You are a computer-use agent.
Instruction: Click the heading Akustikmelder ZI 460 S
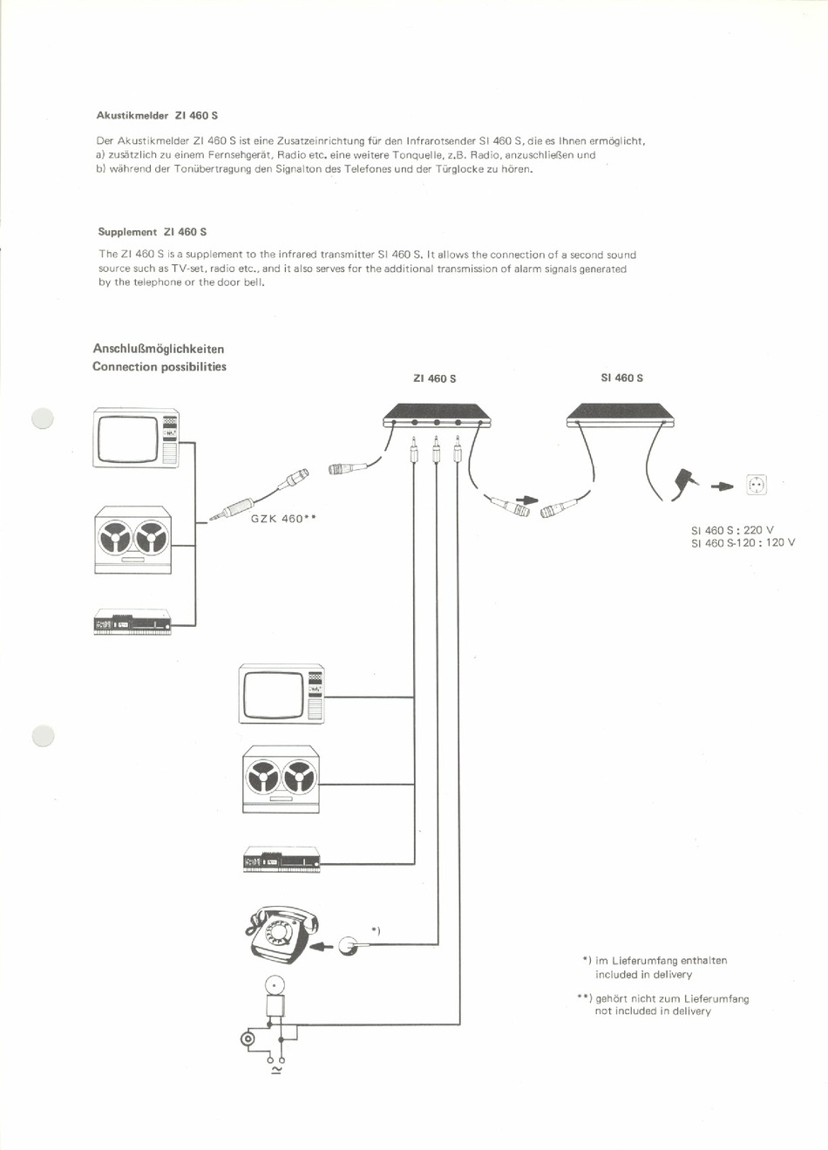pyautogui.click(x=156, y=115)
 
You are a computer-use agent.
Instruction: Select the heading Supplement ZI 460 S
pyautogui.click(x=152, y=232)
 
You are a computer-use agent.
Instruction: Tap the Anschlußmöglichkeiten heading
pyautogui.click(x=158, y=349)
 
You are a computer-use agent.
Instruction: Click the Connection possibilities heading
pyautogui.click(x=159, y=367)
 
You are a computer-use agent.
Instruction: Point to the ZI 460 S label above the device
pyautogui.click(x=434, y=378)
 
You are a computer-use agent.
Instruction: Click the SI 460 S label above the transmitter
pyautogui.click(x=621, y=378)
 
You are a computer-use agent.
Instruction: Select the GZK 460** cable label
pyautogui.click(x=282, y=519)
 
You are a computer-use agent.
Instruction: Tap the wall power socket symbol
pyautogui.click(x=756, y=485)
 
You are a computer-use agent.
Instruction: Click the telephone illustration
pyautogui.click(x=280, y=934)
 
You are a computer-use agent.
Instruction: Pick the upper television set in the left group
pyautogui.click(x=136, y=439)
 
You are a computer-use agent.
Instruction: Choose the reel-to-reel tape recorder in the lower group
pyautogui.click(x=281, y=779)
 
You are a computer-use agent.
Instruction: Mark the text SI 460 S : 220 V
pyautogui.click(x=732, y=530)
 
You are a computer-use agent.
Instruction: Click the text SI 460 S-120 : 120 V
pyautogui.click(x=743, y=543)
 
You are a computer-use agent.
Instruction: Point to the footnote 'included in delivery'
pyautogui.click(x=643, y=975)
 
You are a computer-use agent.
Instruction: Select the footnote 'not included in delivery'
pyautogui.click(x=653, y=1011)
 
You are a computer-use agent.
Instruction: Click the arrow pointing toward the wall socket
pyautogui.click(x=723, y=487)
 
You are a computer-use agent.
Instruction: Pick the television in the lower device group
pyautogui.click(x=282, y=694)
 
